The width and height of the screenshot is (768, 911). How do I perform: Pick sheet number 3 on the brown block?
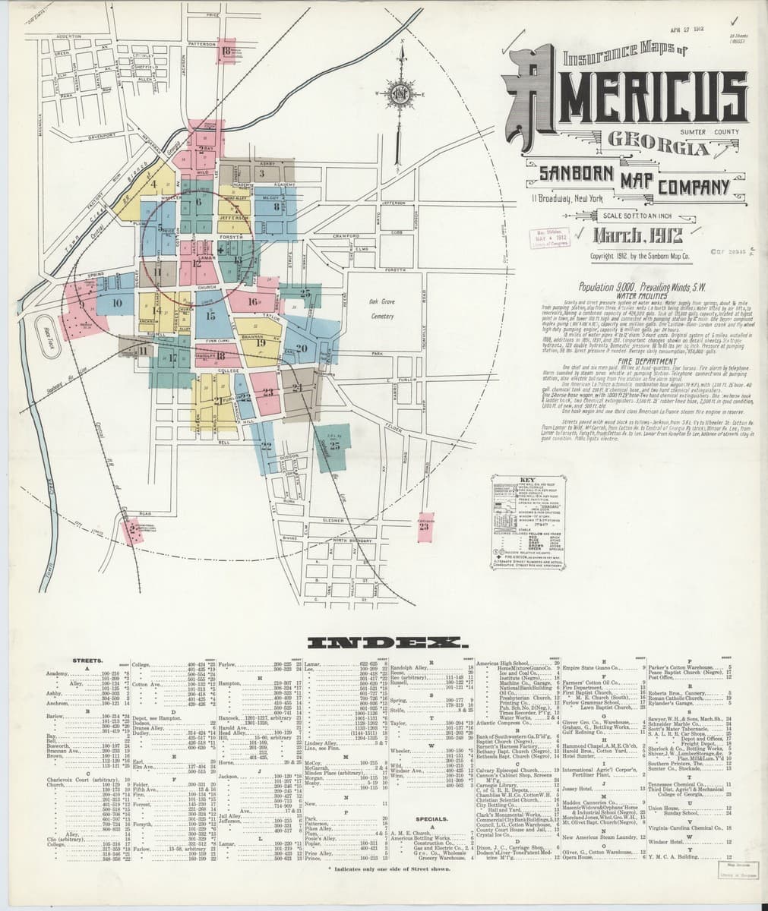pos(261,174)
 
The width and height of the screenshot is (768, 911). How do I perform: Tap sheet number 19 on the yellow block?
pos(261,342)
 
